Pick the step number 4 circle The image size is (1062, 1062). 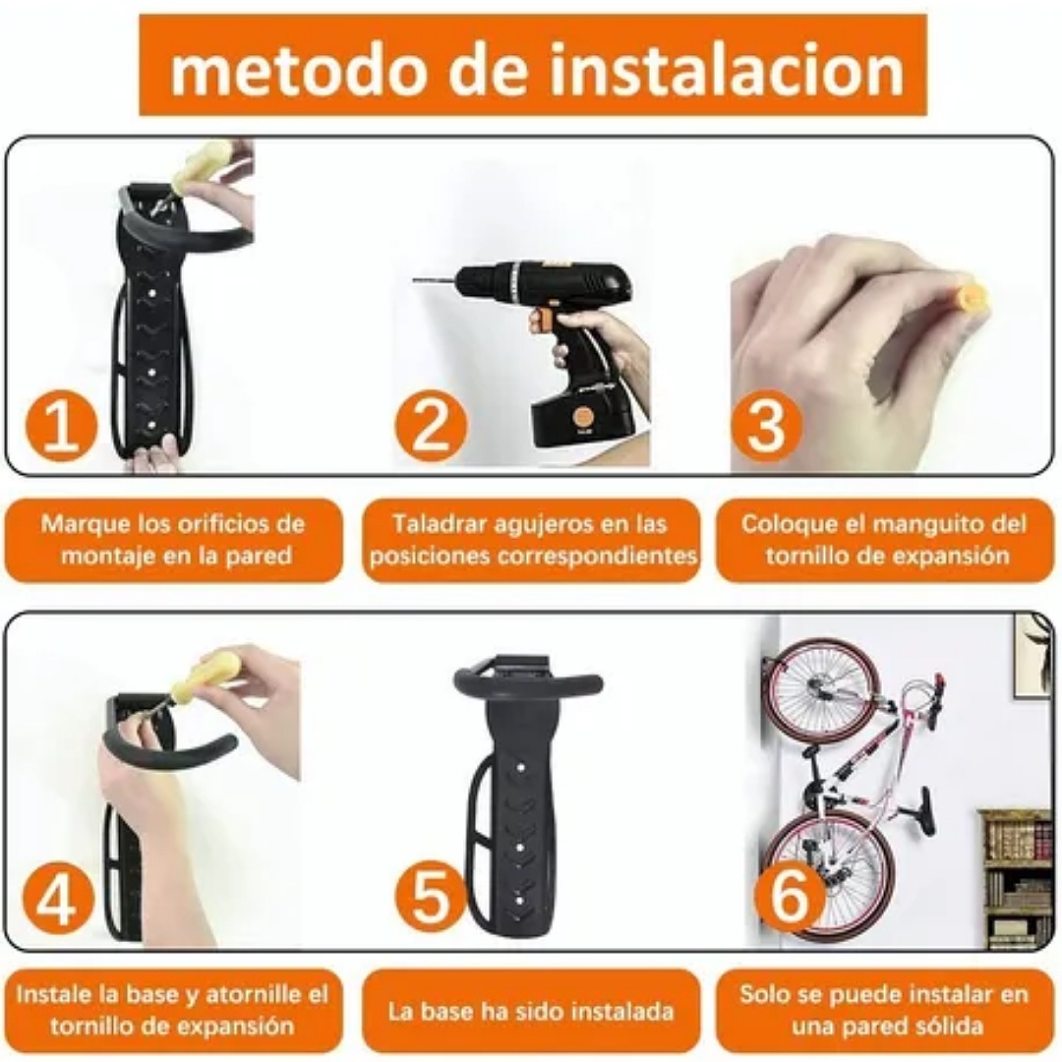point(56,900)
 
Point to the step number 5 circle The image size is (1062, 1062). point(430,900)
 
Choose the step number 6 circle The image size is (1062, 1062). point(790,900)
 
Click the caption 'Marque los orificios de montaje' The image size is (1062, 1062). point(173,539)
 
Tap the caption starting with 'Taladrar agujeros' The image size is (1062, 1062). point(531,539)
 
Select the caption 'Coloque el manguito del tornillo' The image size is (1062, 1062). point(883,539)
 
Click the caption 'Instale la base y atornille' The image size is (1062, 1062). point(173,1010)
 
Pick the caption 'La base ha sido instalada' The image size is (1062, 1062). point(531,1010)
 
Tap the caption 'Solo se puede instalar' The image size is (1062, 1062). point(883,1010)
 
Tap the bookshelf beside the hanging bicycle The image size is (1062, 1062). point(1015,875)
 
